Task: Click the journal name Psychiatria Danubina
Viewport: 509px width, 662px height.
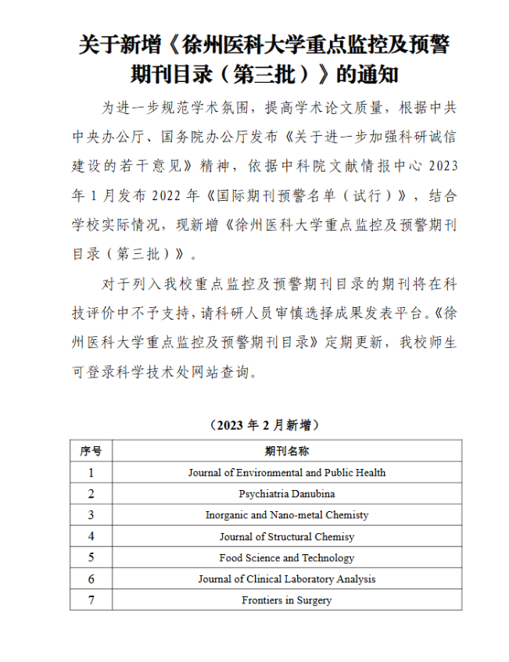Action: point(286,494)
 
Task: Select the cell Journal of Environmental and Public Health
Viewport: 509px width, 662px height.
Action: point(286,473)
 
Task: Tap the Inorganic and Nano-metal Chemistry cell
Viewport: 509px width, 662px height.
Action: point(286,515)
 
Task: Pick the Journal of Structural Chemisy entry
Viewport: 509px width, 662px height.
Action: point(286,537)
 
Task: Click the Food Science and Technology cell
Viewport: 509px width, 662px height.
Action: point(286,558)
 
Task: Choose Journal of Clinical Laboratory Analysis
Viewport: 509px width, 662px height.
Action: point(286,579)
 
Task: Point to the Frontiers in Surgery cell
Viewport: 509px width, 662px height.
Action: point(286,600)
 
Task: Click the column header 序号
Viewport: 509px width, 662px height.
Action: point(91,451)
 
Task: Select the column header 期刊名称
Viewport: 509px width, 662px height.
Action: point(286,451)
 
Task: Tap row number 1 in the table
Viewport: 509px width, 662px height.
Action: point(91,473)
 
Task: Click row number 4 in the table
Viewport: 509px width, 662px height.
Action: point(91,537)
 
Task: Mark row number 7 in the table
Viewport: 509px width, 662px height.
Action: point(91,600)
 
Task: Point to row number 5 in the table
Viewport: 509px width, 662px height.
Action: point(91,558)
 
